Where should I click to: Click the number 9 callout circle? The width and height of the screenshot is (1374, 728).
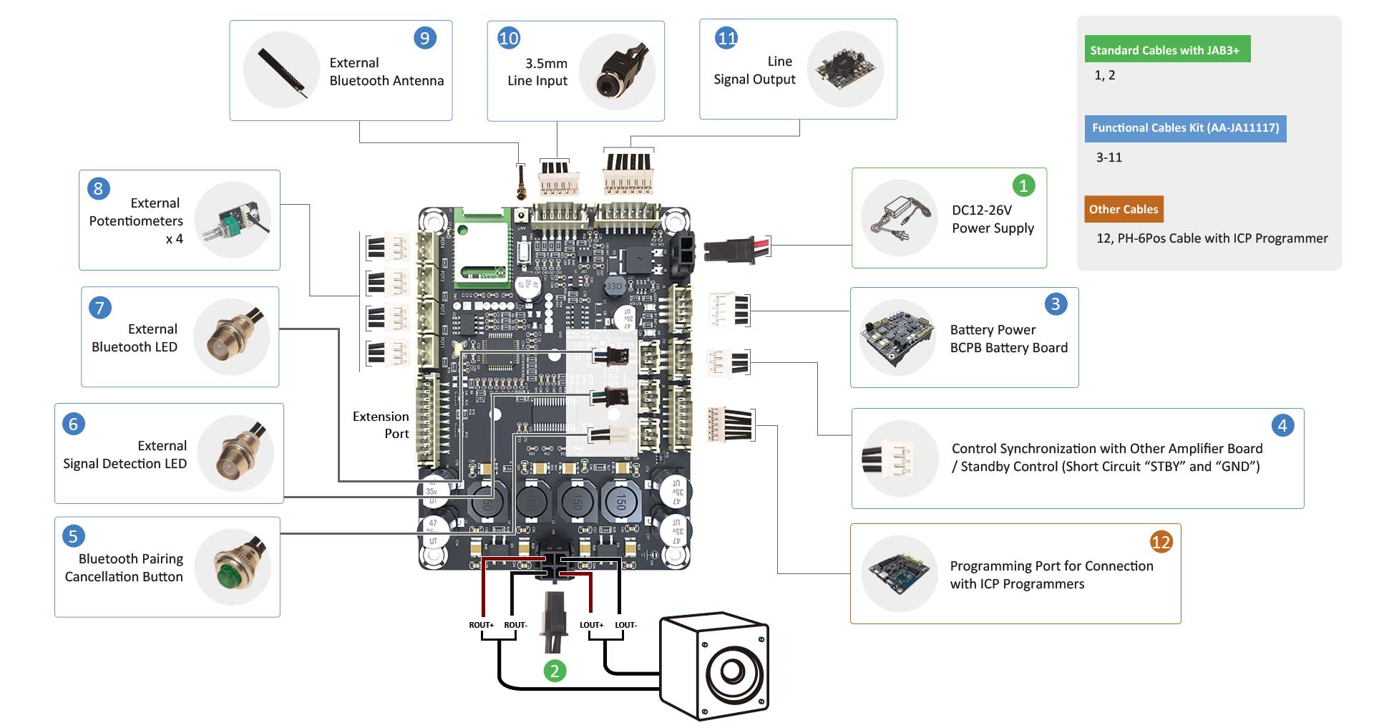click(425, 38)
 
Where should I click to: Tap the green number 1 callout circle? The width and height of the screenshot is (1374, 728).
click(1023, 185)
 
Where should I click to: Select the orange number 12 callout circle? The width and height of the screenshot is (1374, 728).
click(1161, 542)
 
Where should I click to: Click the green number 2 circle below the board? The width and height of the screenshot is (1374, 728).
click(555, 671)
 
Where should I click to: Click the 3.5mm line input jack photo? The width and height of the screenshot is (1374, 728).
click(617, 71)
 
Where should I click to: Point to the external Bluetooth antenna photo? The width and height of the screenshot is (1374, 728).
click(282, 70)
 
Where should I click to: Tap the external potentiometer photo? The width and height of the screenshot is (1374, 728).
click(233, 220)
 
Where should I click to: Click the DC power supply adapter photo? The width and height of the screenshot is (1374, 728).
click(900, 218)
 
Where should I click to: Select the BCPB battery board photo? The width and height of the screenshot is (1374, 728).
click(898, 337)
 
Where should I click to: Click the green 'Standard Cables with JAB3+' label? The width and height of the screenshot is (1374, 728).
click(1166, 49)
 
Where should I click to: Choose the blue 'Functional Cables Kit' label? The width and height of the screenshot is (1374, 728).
click(1185, 128)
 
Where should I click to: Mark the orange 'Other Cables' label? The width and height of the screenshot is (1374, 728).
click(1124, 209)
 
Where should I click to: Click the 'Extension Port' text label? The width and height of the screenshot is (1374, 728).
click(381, 424)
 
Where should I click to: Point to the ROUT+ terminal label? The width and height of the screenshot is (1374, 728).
click(481, 625)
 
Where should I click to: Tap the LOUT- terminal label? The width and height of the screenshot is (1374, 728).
click(625, 625)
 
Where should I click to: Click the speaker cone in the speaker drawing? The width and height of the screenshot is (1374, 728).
click(731, 671)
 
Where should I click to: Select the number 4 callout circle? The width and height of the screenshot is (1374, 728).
click(1282, 426)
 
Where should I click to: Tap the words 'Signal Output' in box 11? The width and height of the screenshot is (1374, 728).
click(754, 79)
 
